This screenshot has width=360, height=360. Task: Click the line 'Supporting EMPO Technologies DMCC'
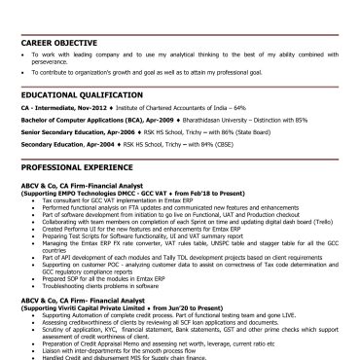(107, 193)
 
